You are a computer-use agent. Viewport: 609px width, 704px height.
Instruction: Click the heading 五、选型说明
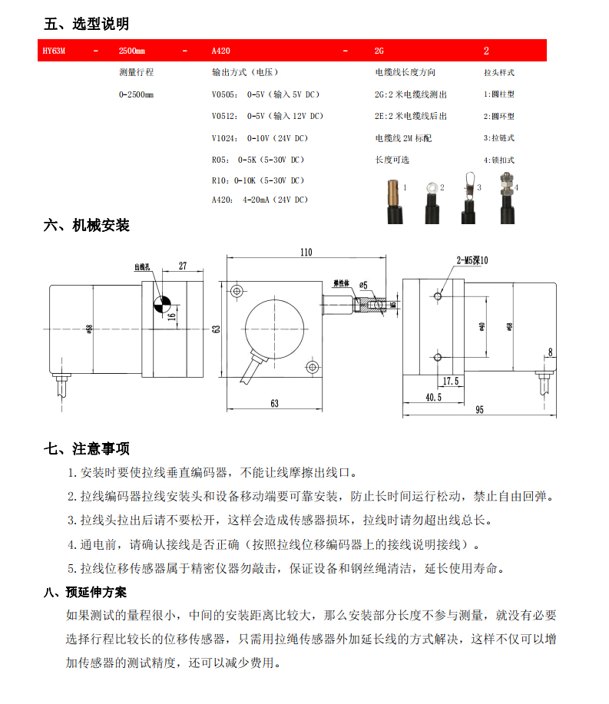(85, 24)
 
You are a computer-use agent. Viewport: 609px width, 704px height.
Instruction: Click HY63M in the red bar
(55, 51)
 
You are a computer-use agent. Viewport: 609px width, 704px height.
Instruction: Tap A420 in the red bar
(220, 51)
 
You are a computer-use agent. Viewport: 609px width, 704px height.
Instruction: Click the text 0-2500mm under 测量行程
(136, 94)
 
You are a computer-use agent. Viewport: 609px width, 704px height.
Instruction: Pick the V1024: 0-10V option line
(259, 138)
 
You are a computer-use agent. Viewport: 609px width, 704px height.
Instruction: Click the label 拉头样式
(498, 73)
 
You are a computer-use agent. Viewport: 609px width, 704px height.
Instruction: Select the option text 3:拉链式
(498, 138)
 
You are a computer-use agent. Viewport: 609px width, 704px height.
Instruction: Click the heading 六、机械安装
(85, 225)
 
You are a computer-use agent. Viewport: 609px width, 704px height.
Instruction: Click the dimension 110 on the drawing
(306, 252)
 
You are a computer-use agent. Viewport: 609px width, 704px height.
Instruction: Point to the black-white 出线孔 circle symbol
(162, 304)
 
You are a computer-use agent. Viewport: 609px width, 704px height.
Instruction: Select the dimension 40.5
(433, 398)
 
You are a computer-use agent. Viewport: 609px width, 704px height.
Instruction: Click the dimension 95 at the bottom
(479, 410)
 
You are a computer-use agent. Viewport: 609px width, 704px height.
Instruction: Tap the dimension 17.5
(451, 381)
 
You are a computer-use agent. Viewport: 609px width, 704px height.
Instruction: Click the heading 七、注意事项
(85, 448)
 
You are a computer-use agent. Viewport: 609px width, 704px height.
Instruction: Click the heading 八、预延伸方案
(86, 593)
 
